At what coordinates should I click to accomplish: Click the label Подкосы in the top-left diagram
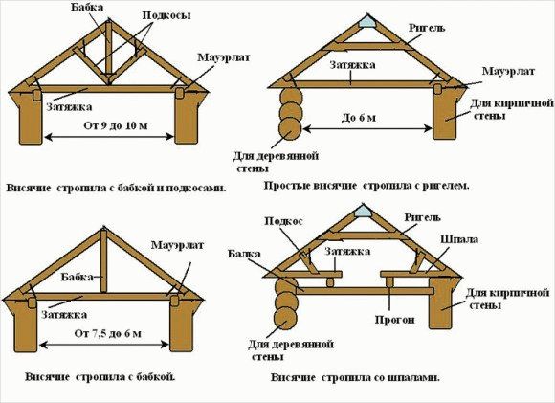[166, 15]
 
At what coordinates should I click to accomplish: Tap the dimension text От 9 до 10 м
[116, 125]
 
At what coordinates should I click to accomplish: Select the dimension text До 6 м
[359, 118]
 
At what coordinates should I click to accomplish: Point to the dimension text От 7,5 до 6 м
[107, 333]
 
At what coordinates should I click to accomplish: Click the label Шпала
[459, 239]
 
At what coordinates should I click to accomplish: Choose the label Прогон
[394, 320]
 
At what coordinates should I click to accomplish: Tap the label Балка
[244, 254]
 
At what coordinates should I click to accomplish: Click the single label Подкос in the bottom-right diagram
[283, 221]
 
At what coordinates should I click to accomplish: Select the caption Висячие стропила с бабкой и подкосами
[116, 188]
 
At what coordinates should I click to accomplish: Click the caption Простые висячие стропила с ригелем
[366, 185]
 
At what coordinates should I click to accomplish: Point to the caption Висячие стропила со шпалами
[355, 377]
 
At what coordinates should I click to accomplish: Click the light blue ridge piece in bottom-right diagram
[362, 212]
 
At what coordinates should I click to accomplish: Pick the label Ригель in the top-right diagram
[427, 28]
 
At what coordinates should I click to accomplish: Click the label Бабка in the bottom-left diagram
[77, 277]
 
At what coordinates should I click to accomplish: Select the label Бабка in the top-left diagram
[87, 6]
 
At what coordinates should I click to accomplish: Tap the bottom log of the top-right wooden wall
[290, 129]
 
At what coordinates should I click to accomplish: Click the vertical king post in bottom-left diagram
[103, 261]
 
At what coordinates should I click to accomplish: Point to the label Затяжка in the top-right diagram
[352, 65]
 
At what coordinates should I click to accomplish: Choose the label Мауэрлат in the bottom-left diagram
[177, 245]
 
